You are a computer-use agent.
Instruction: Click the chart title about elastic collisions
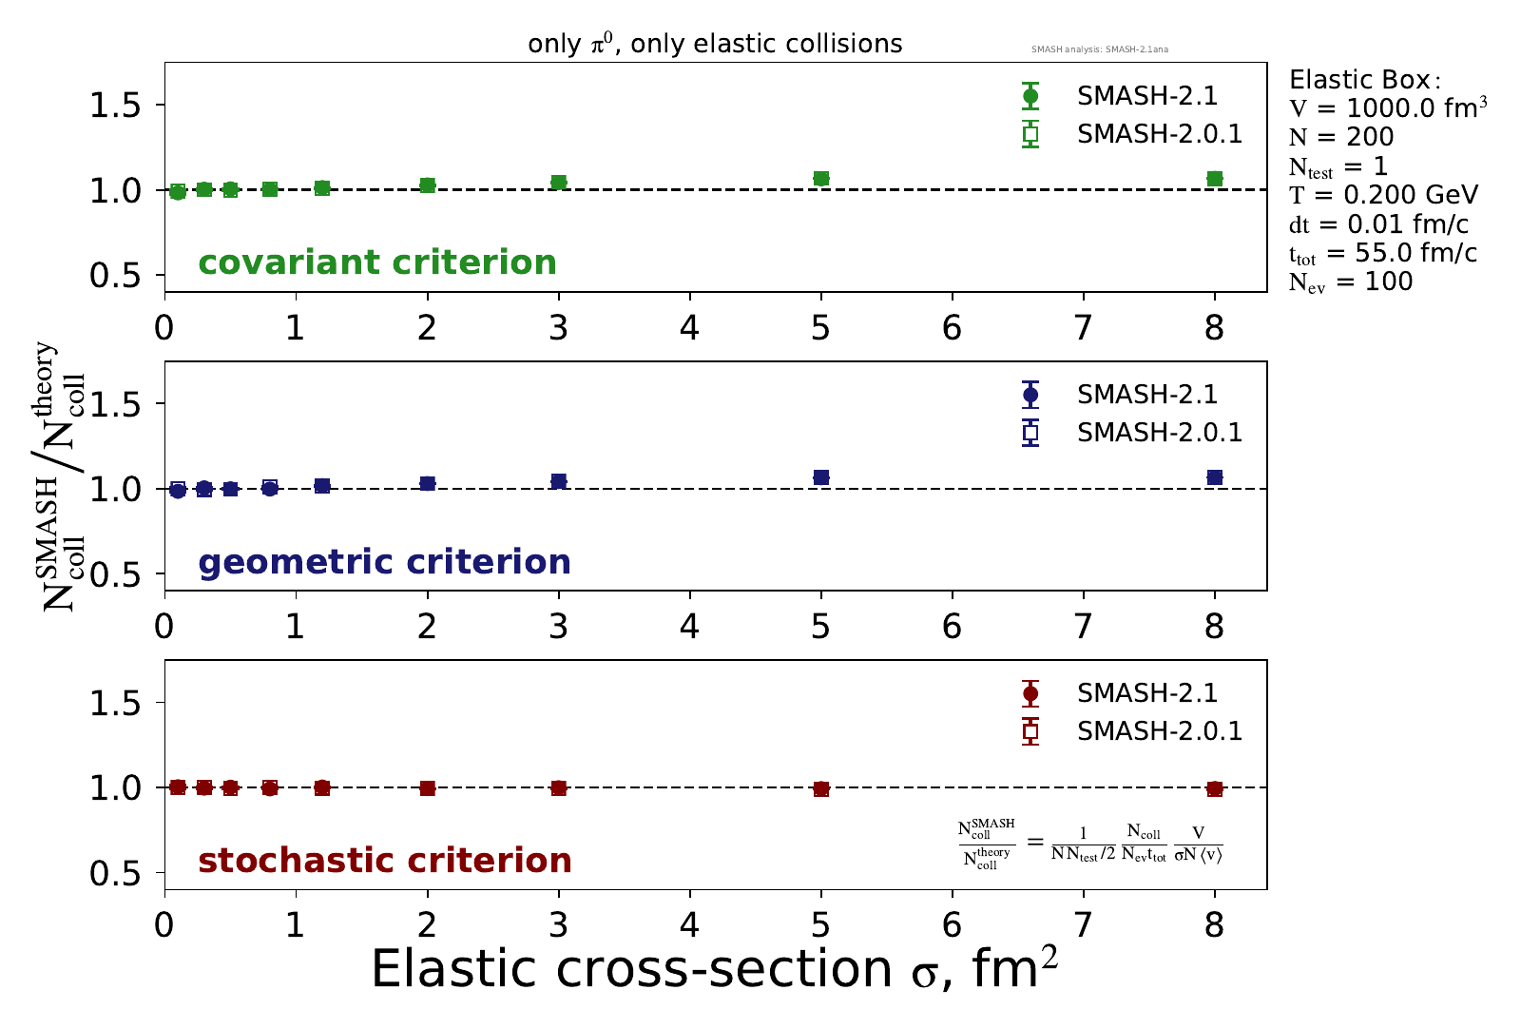pyautogui.click(x=715, y=44)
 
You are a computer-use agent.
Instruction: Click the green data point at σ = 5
pyautogui.click(x=821, y=179)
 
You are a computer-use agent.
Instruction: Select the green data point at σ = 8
pyautogui.click(x=1215, y=179)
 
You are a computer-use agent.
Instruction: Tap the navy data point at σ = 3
pyautogui.click(x=559, y=481)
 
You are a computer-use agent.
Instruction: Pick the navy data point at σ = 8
pyautogui.click(x=1215, y=477)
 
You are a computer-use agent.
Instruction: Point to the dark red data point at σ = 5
pyautogui.click(x=821, y=789)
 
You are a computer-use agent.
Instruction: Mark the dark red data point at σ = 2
pyautogui.click(x=428, y=788)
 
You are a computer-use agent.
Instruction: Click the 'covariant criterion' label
pyautogui.click(x=377, y=262)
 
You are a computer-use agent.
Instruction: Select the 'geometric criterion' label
pyautogui.click(x=384, y=562)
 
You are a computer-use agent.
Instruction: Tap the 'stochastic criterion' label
pyautogui.click(x=385, y=861)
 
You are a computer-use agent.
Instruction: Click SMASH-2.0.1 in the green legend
pyautogui.click(x=1159, y=134)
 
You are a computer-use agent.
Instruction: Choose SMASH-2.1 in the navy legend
pyautogui.click(x=1146, y=395)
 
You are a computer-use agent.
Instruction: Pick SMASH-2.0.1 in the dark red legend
pyautogui.click(x=1159, y=731)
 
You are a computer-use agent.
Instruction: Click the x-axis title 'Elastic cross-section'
pyautogui.click(x=714, y=970)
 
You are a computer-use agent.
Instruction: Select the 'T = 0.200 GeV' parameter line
pyautogui.click(x=1383, y=196)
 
